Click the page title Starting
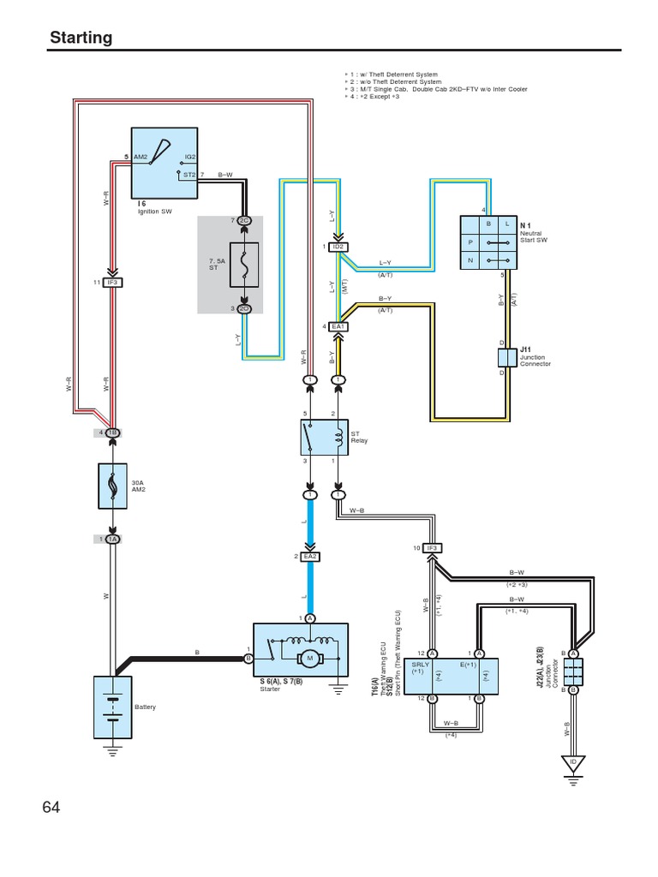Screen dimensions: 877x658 (x=81, y=37)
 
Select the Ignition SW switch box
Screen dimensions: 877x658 (x=164, y=163)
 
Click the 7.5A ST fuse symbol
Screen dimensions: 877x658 (x=244, y=265)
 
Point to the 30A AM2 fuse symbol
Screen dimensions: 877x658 (x=112, y=488)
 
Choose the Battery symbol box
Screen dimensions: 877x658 (x=112, y=707)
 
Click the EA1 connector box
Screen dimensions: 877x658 (x=338, y=326)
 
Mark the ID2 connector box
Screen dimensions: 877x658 (x=338, y=247)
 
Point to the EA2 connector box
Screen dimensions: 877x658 (x=310, y=557)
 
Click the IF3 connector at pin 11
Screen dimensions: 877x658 (x=113, y=282)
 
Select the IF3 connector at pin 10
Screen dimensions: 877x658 (x=432, y=548)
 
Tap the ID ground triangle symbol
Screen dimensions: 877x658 (x=572, y=761)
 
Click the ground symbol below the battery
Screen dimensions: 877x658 (x=112, y=751)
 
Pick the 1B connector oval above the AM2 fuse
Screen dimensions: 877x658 (x=112, y=433)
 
